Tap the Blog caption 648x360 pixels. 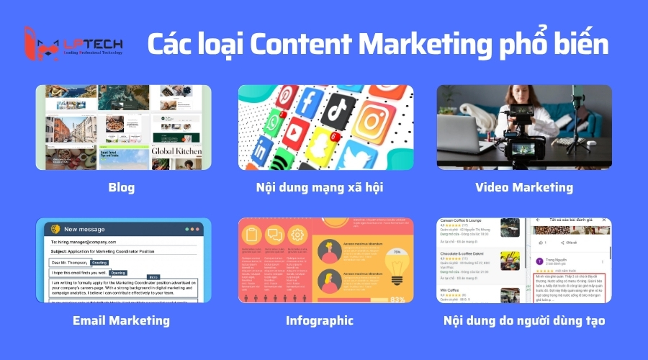tap(122, 188)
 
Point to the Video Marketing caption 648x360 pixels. tap(523, 187)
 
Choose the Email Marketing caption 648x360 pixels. tap(122, 320)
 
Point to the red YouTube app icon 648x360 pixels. tap(296, 137)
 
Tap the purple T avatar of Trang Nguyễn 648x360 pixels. tap(539, 262)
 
